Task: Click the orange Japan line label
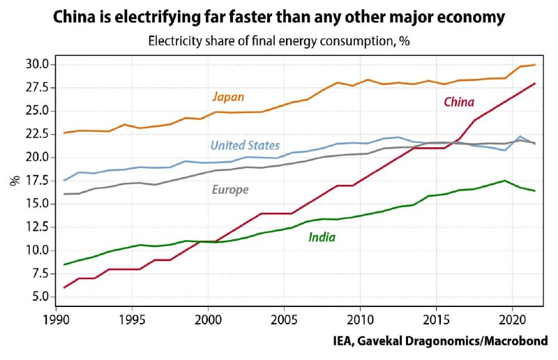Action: point(228,98)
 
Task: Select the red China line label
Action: point(459,103)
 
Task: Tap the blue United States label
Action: point(245,146)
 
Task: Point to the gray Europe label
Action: point(229,190)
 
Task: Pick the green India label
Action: point(322,238)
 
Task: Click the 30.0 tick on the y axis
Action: point(36,64)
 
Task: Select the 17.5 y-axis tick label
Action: point(36,181)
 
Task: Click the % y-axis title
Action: point(14,180)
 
